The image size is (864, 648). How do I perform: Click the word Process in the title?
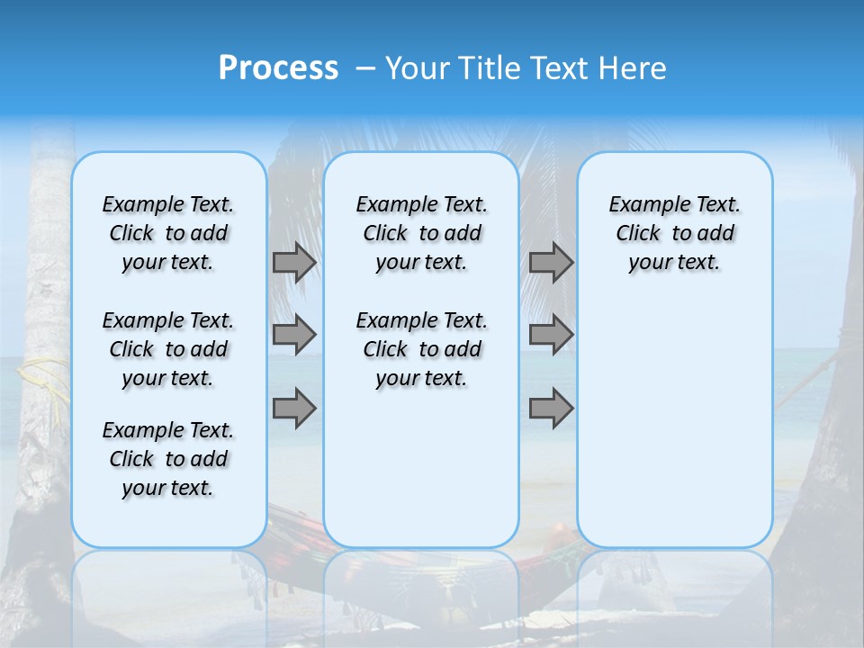click(x=278, y=68)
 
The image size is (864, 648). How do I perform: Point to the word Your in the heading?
click(x=416, y=68)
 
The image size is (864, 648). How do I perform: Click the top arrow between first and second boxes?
click(x=294, y=262)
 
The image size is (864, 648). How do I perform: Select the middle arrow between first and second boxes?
click(x=294, y=335)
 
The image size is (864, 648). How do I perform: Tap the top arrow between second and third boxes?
click(x=551, y=262)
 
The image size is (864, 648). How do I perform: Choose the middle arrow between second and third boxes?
click(x=551, y=335)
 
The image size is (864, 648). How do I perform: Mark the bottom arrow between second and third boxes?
click(x=551, y=409)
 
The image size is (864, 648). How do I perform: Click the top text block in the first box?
click(x=168, y=233)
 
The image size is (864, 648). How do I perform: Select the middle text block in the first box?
click(x=168, y=349)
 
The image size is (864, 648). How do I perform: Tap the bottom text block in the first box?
click(x=168, y=459)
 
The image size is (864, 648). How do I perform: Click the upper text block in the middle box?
click(x=421, y=233)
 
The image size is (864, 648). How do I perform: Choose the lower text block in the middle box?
click(x=421, y=349)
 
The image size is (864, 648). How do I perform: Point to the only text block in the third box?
click(x=674, y=233)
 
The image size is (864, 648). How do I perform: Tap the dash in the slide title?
click(x=365, y=69)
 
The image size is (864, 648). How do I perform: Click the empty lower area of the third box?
click(x=674, y=423)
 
